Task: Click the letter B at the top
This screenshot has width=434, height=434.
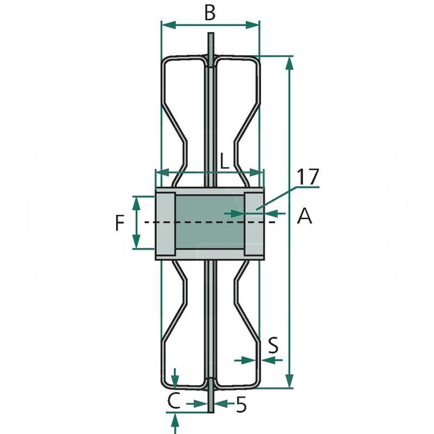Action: coord(210,12)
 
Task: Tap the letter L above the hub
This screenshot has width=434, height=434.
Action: coord(225,161)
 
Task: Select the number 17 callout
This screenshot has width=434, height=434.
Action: coord(308,177)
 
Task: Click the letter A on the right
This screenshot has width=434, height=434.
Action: coord(304,216)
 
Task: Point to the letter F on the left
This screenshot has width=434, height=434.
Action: coord(119,223)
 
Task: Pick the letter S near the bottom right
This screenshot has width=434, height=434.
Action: coord(273,345)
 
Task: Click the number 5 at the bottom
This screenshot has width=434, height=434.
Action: coord(241,405)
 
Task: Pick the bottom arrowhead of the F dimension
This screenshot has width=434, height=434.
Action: coord(136,241)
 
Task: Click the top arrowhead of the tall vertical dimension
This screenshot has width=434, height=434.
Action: coord(289,63)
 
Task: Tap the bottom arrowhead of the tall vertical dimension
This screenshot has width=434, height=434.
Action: coord(289,381)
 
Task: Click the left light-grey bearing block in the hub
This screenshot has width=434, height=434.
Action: coord(165,224)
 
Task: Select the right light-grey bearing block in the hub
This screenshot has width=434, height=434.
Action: coord(254,224)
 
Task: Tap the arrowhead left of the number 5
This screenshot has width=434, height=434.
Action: coord(200,404)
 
